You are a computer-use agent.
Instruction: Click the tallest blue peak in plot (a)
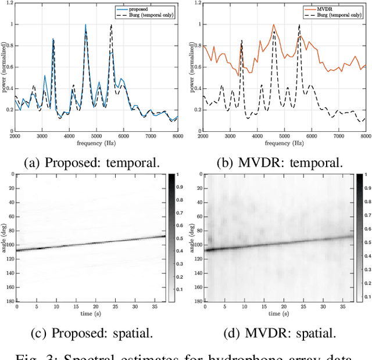tap(85, 25)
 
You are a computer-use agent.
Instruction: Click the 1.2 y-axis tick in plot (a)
tap(9, 3)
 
